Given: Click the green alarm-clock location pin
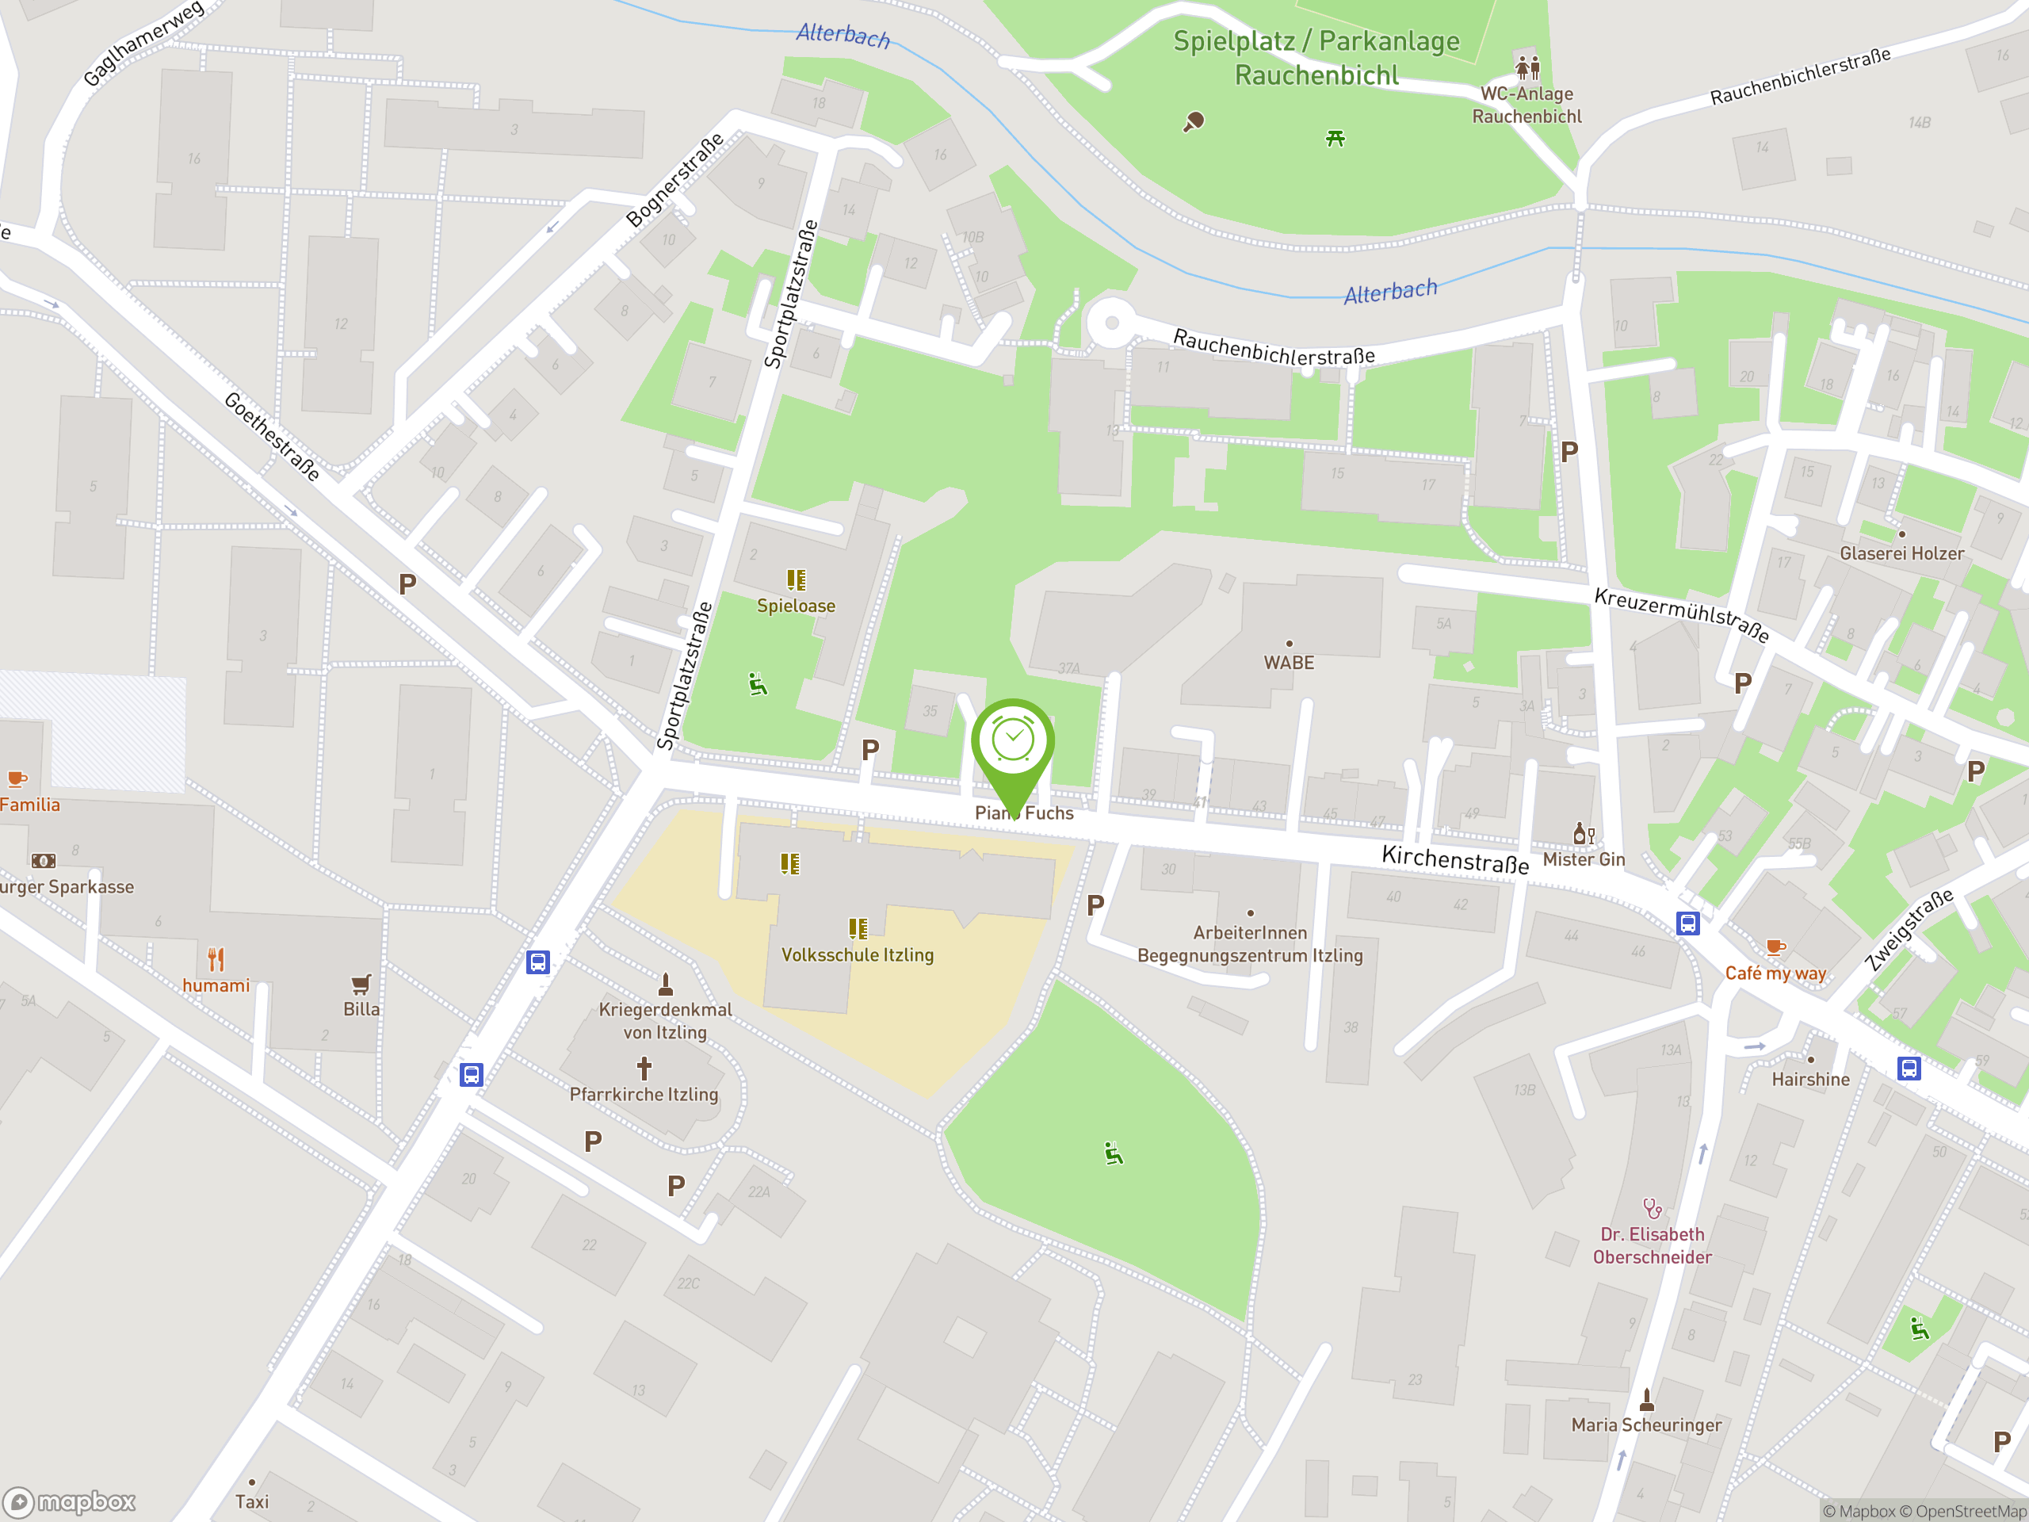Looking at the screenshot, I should click(1013, 743).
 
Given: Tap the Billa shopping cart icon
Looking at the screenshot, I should click(361, 985).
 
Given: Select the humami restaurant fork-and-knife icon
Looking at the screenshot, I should click(216, 960).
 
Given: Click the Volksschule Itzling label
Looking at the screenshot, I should click(857, 955).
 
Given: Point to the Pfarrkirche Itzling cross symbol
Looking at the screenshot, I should click(644, 1068).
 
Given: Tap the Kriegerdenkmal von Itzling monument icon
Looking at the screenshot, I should click(666, 985).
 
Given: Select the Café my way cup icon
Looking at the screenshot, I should click(1775, 948).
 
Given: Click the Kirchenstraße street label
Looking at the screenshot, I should click(1455, 859).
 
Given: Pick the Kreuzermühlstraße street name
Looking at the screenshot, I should click(1681, 614).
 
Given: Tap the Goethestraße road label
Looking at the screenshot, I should click(273, 437).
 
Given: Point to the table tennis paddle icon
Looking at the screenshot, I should click(1194, 122).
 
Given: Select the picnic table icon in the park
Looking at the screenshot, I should click(1335, 139).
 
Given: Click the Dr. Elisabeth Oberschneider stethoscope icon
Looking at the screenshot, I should click(1651, 1208).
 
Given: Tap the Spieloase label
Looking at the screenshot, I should click(795, 606).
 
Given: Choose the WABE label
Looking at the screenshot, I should click(1289, 663).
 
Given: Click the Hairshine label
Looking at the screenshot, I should click(1809, 1080).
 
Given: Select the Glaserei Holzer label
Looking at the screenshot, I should click(1901, 553).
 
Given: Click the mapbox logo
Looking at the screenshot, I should click(70, 1502).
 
